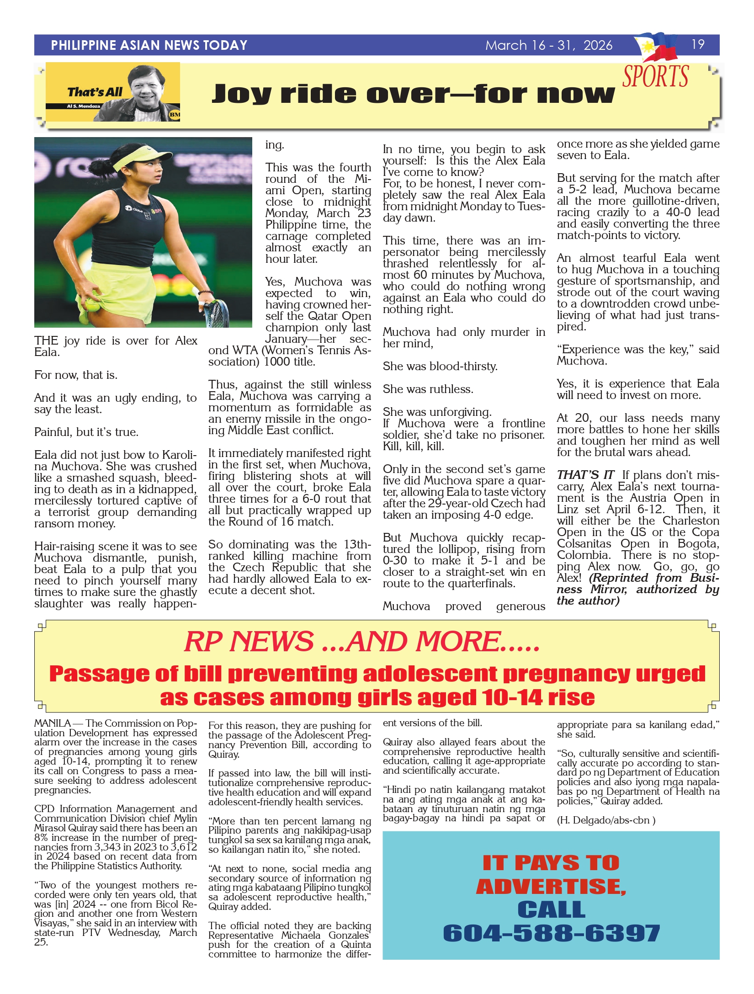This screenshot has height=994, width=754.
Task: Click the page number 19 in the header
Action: (698, 44)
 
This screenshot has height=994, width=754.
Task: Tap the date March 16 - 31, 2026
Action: (548, 45)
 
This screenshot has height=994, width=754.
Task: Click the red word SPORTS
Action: (655, 76)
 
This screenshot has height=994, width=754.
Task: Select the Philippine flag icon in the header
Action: (658, 46)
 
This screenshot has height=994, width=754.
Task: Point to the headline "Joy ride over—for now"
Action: (413, 94)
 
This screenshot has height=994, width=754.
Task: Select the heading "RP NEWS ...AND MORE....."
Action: (362, 641)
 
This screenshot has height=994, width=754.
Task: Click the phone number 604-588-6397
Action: (551, 933)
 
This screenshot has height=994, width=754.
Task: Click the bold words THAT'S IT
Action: (585, 475)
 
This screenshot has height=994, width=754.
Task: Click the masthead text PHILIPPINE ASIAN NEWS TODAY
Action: (149, 45)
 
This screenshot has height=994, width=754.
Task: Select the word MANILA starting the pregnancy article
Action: (52, 723)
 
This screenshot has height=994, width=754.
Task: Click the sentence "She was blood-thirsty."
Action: (440, 367)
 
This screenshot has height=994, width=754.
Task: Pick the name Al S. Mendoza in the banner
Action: (84, 106)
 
